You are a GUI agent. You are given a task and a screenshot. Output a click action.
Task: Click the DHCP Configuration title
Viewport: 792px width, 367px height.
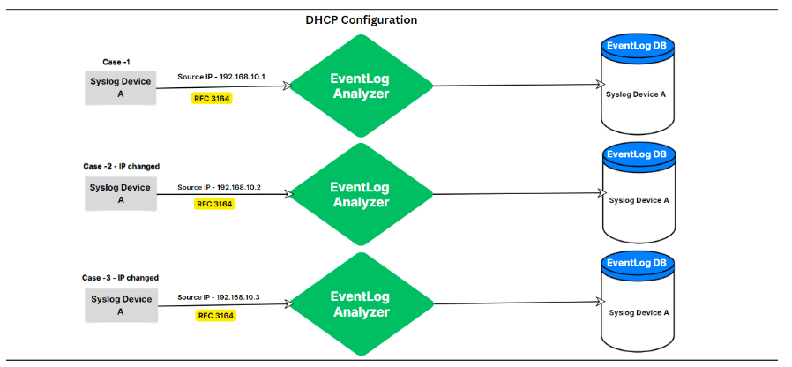[361, 20]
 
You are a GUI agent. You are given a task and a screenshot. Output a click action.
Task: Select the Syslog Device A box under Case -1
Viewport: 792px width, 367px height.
[120, 87]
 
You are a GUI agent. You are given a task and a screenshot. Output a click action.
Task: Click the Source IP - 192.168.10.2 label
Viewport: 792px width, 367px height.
[220, 187]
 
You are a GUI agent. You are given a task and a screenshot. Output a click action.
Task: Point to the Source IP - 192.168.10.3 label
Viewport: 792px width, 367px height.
[219, 297]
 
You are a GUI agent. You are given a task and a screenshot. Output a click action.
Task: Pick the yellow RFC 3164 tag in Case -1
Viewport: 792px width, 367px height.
[212, 99]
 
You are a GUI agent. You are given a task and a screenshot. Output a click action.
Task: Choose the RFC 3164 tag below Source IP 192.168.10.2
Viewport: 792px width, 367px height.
[214, 204]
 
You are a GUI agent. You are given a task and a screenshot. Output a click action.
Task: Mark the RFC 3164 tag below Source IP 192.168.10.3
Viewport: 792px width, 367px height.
[215, 316]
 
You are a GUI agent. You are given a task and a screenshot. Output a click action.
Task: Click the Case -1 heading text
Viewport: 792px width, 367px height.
[116, 62]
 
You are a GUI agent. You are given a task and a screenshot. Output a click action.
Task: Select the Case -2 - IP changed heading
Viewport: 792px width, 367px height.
[121, 167]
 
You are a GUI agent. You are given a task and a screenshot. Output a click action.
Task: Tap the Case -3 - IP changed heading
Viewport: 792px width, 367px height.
[120, 278]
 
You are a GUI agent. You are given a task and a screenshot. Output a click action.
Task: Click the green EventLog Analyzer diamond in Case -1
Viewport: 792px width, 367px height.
[360, 86]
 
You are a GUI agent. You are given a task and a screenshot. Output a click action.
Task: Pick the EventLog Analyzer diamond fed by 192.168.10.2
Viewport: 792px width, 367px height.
[360, 195]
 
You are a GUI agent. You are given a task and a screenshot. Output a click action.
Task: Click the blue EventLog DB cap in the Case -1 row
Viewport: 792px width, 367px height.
[637, 46]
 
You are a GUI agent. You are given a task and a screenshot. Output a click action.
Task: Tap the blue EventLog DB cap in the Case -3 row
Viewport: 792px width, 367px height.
[637, 264]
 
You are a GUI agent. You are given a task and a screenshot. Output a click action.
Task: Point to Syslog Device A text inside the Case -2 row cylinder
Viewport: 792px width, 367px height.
[639, 200]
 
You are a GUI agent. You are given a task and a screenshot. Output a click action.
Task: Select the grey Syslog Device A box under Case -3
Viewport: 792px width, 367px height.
[120, 305]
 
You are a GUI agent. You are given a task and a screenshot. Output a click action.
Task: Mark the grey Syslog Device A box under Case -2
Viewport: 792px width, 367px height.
[120, 193]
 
